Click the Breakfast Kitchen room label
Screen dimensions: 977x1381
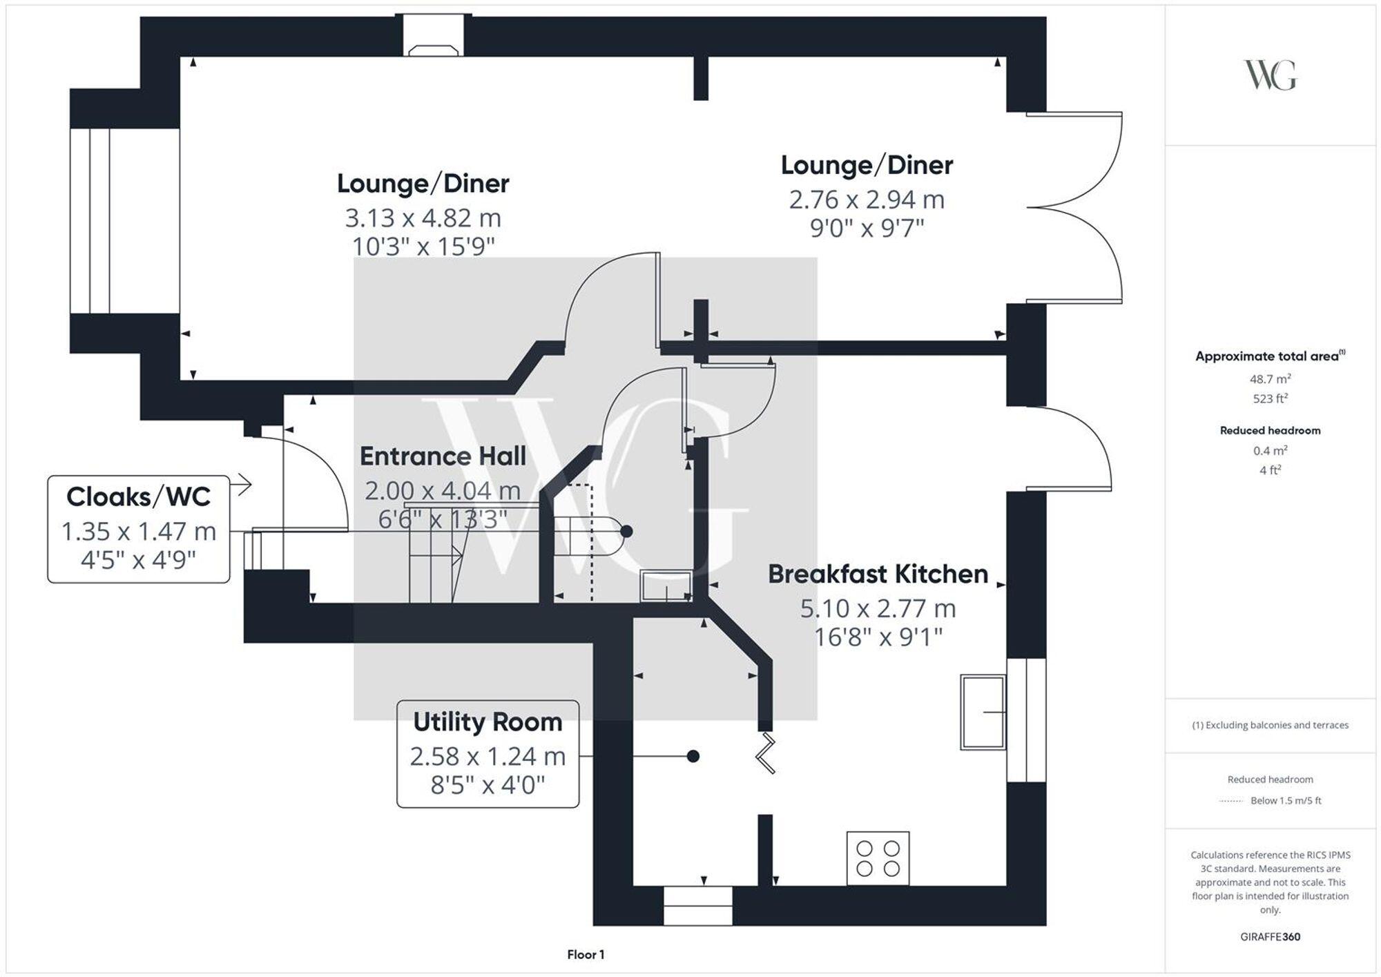878,574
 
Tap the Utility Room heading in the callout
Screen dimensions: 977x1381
487,722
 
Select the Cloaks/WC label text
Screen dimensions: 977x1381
138,497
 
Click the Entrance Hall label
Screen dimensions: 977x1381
443,456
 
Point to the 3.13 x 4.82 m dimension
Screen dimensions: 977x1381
423,218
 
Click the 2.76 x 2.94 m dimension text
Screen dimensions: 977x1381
867,200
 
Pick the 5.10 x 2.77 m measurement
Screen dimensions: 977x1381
878,609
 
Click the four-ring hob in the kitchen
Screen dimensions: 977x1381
878,858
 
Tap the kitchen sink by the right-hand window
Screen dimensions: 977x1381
983,712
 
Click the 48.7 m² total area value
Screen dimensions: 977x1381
1270,379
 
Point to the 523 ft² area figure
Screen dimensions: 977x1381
1270,398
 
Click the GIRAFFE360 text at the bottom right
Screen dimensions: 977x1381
1270,937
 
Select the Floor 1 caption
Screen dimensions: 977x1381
586,955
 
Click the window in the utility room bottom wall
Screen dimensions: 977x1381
697,906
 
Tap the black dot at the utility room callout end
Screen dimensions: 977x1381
693,757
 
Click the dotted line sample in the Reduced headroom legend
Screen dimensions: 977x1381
1231,801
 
